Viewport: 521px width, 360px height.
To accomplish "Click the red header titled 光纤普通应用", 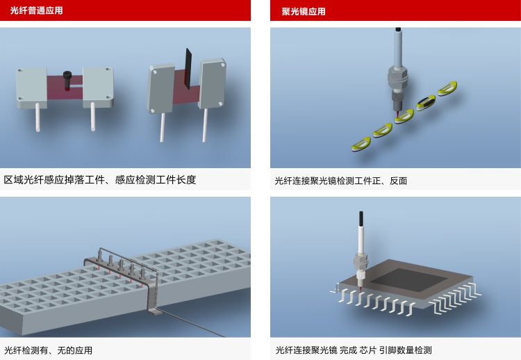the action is pos(125,10).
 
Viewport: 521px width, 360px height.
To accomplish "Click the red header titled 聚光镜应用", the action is pos(395,10).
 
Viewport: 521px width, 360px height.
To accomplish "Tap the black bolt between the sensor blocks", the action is pos(67,80).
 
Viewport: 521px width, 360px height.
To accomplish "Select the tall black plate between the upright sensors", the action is pos(188,69).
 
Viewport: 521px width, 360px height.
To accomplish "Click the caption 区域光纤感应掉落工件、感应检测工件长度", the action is pos(100,180).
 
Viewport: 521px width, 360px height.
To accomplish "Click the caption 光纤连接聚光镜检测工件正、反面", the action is pos(341,181).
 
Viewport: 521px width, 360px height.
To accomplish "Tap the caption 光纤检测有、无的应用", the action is pos(48,350).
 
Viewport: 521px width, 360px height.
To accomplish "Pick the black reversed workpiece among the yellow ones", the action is pos(426,103).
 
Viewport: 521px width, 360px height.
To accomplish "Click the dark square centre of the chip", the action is pos(409,281).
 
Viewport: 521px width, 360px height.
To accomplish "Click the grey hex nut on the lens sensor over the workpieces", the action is pos(398,76).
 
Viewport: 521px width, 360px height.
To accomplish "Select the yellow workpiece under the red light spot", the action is pos(404,116).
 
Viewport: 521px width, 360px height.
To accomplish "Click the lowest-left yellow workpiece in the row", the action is pos(361,145).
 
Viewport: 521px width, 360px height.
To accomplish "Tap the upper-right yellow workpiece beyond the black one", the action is pos(447,88).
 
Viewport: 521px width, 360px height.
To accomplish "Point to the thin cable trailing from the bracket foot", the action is pos(192,323).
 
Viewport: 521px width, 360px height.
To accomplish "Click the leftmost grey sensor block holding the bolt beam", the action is pos(31,88).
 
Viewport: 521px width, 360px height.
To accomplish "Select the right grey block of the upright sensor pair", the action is pos(213,83).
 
